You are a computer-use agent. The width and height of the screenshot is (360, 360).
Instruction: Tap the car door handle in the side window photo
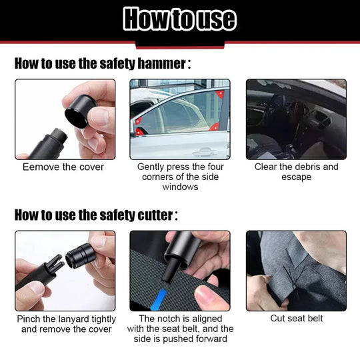click(198, 151)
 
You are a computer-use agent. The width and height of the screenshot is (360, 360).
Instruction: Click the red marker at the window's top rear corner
click(220, 95)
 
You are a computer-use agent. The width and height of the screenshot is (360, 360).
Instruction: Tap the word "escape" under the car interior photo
click(297, 177)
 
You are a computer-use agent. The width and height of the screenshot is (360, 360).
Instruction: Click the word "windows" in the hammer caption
click(180, 187)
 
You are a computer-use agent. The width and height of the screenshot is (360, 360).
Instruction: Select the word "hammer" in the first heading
click(161, 64)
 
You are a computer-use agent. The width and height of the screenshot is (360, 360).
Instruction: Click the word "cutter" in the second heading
click(154, 215)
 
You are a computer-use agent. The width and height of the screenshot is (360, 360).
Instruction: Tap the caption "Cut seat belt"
click(297, 319)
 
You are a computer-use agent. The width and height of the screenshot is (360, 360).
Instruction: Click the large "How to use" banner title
click(180, 19)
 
